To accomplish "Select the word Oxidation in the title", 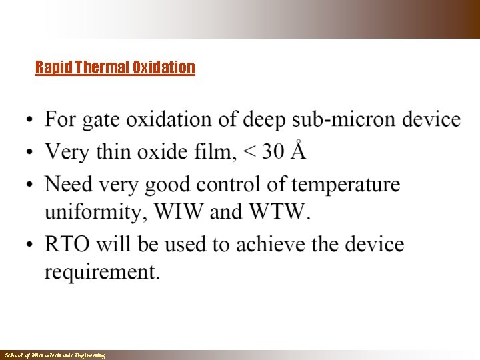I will [163, 67].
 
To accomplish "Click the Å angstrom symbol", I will [299, 151].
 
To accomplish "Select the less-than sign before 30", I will [249, 153].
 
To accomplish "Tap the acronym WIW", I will [179, 213].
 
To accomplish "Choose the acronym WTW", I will [280, 213].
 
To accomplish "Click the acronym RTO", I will [67, 245].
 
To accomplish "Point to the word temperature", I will [345, 184].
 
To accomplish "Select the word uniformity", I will [96, 213].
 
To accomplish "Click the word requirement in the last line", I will [102, 273].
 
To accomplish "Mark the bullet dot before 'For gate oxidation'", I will [29, 121].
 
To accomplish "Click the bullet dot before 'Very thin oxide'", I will [29, 153].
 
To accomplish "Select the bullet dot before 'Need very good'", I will [29, 185].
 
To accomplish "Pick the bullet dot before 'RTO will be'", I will [29, 245].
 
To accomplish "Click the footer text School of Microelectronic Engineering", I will [54, 356].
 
